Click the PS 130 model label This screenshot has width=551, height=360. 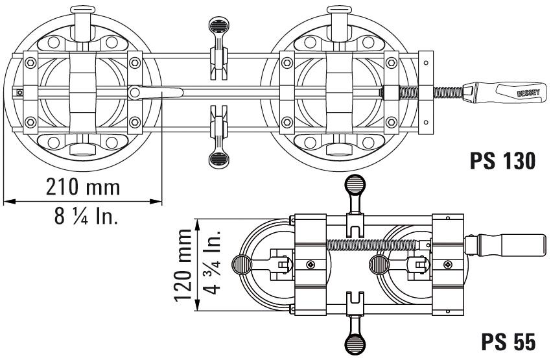point(503,161)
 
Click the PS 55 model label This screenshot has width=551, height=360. point(508,341)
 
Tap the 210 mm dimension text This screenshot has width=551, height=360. point(83,187)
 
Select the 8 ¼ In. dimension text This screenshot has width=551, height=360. point(86,215)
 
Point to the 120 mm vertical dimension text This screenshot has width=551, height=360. point(183,265)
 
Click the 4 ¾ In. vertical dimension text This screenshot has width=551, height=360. point(212,262)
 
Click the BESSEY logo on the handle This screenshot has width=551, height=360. point(528,93)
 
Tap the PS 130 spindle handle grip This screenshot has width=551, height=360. point(505,93)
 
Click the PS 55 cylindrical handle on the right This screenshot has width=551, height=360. point(506,245)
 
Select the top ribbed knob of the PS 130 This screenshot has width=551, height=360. point(218,25)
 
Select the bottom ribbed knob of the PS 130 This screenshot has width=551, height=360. point(218,160)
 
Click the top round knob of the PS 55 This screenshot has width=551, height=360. point(355,185)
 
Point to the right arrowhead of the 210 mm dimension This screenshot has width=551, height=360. point(156,202)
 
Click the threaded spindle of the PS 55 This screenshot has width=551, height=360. point(373,245)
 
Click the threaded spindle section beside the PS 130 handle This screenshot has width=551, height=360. point(448,92)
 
